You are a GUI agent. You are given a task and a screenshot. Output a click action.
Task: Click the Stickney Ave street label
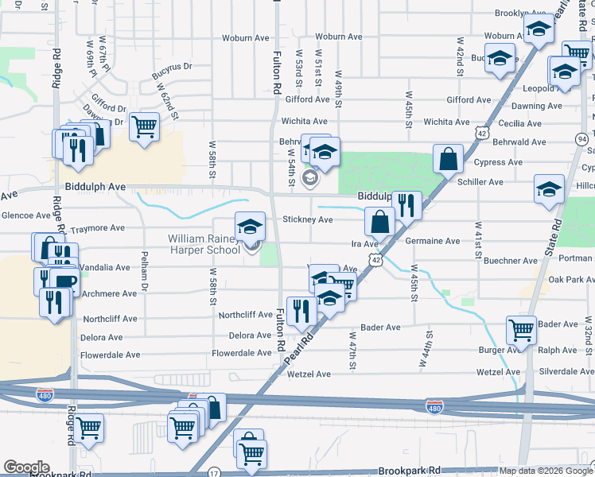[x=308, y=220]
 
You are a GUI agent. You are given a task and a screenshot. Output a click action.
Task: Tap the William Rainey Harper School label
[x=204, y=244]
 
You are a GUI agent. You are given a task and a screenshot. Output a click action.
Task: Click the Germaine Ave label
[x=433, y=241]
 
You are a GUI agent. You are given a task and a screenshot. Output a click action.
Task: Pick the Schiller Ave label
[x=480, y=182]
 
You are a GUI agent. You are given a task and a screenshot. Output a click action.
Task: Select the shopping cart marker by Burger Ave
[x=521, y=328]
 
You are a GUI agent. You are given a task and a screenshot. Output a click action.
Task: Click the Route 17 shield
[x=213, y=473]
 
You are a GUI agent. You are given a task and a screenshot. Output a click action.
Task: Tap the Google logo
[x=26, y=467]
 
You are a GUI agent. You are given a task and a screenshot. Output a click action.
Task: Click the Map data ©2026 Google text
[x=546, y=471]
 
